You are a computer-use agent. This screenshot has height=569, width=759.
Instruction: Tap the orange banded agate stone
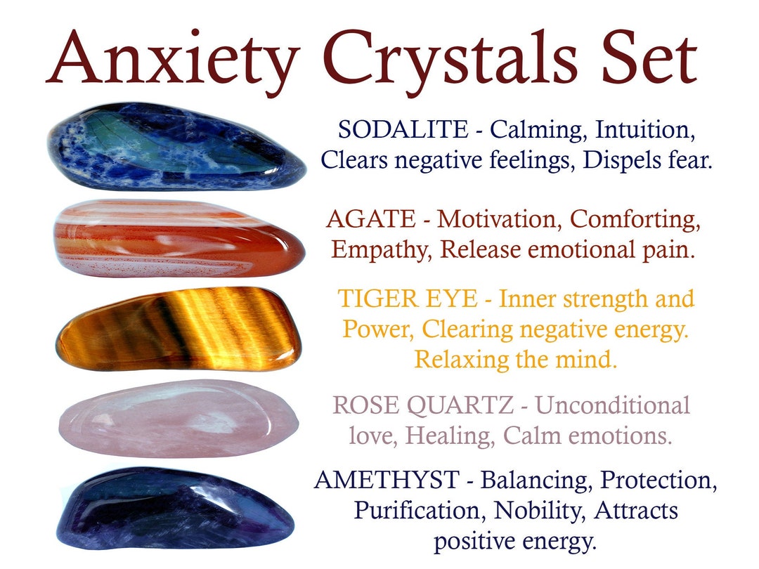[x=179, y=240]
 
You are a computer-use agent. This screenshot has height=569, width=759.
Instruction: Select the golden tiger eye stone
[x=179, y=328]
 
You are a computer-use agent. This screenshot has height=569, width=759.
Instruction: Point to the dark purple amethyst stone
[x=176, y=508]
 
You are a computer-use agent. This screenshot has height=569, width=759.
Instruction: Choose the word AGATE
[x=370, y=219]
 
